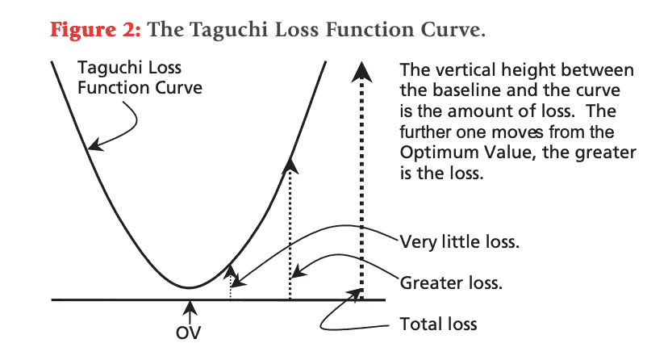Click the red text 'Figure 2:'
(x=95, y=30)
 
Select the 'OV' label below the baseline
(x=188, y=333)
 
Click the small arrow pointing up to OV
(x=190, y=312)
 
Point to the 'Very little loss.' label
(x=459, y=241)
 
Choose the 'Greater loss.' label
(x=451, y=283)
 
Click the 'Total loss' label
(x=438, y=324)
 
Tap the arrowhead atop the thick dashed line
(x=362, y=72)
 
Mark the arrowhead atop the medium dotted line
(x=290, y=165)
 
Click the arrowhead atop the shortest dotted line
(x=231, y=272)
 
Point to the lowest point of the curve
(x=189, y=287)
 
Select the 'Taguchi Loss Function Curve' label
(x=140, y=77)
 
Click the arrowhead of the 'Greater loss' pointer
(x=298, y=271)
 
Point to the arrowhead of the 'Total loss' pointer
(x=354, y=293)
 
